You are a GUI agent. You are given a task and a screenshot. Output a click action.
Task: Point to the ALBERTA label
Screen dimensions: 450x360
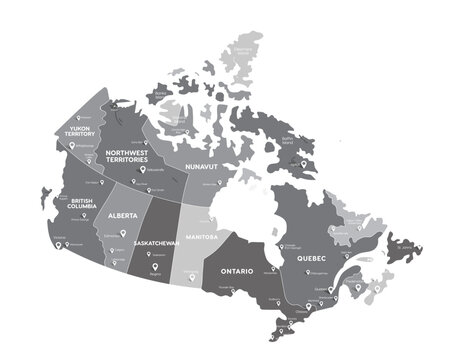click(122, 216)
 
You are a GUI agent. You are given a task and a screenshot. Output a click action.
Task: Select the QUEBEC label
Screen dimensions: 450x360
click(313, 257)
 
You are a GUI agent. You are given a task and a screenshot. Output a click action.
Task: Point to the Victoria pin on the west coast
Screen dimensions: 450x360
click(61, 242)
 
